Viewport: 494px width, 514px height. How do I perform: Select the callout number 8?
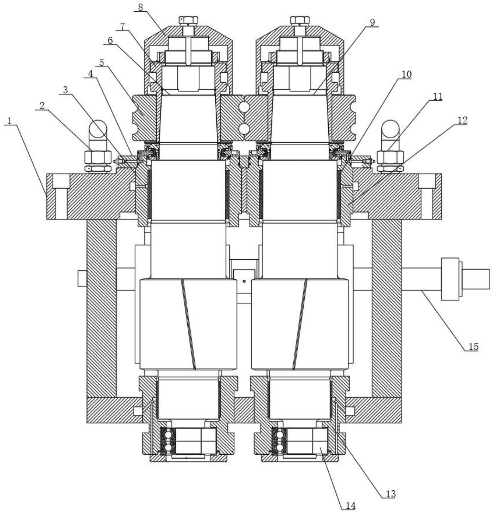pos(140,7)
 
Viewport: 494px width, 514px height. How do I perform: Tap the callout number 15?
pos(473,347)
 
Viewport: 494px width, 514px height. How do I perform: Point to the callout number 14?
pos(350,506)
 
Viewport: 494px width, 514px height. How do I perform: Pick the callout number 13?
pos(390,494)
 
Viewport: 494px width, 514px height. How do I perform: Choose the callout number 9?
pos(372,22)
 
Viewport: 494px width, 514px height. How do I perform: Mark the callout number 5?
pos(101,63)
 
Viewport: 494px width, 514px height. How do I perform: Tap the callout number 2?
pos(42,105)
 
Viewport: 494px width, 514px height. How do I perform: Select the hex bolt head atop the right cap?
pos(300,20)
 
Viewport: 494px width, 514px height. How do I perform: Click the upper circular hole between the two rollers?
pos(245,107)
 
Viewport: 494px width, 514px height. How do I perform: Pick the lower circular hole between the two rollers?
pos(245,129)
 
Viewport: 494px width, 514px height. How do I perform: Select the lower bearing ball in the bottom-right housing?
pos(280,447)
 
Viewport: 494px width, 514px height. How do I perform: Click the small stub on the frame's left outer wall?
pos(82,278)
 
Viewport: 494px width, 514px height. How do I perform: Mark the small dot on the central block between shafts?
pos(244,281)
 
